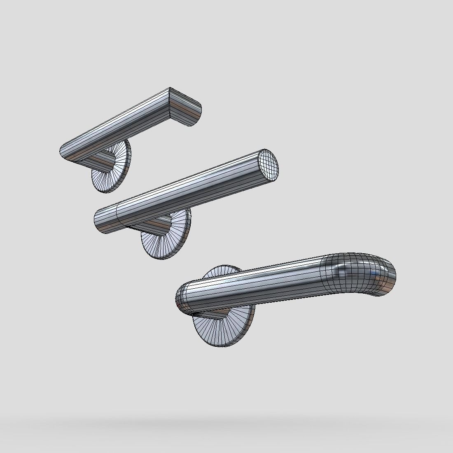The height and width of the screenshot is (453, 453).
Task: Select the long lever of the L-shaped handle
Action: click(119, 124)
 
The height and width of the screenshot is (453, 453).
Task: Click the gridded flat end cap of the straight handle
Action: click(269, 165)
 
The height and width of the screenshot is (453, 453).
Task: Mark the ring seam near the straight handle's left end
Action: click(117, 214)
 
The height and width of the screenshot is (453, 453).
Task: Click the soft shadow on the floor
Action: click(226, 424)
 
